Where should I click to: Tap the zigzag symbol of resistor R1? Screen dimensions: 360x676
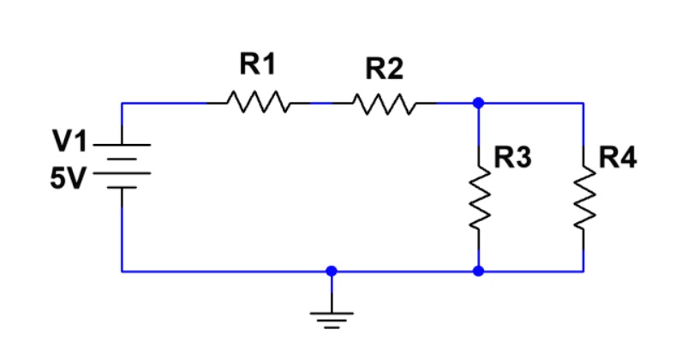(x=258, y=103)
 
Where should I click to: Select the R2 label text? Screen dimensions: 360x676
(x=384, y=68)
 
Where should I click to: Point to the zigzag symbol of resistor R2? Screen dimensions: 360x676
(x=383, y=103)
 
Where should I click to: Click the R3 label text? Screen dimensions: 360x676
(x=514, y=158)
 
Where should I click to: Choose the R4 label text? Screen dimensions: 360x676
(x=618, y=158)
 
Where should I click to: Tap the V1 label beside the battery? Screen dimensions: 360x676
(x=69, y=139)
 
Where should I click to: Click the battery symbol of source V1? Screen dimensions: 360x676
(x=123, y=162)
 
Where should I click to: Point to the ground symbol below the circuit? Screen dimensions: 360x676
(x=332, y=319)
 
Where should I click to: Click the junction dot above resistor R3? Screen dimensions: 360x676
(x=478, y=103)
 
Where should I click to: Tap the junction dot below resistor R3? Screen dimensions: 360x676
(x=478, y=271)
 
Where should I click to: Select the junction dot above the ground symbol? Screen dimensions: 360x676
(x=332, y=271)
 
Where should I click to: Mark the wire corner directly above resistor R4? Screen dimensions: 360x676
(x=584, y=103)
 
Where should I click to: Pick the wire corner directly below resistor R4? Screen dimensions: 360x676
(x=584, y=271)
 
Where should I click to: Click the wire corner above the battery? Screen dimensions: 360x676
(x=123, y=103)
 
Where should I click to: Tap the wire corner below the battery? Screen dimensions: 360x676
(x=123, y=271)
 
